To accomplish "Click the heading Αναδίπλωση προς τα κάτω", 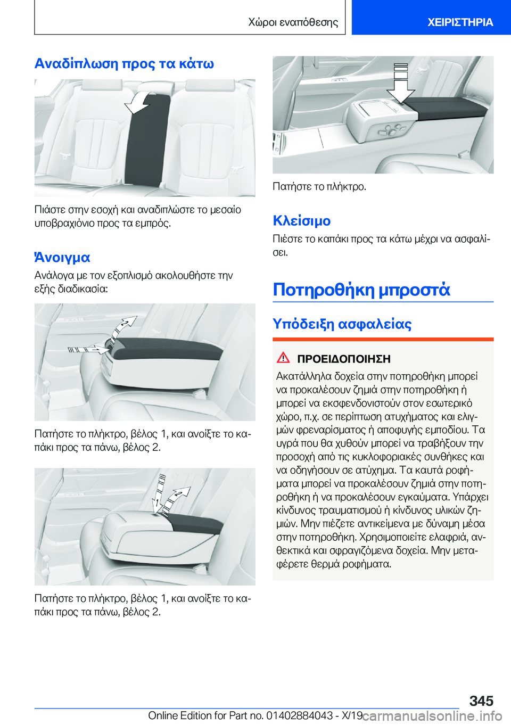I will pyautogui.click(x=124, y=63).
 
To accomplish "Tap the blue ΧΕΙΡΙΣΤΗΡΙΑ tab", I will pyautogui.click(x=460, y=22).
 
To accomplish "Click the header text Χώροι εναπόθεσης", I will pyautogui.click(x=293, y=22).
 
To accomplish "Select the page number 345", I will pyautogui.click(x=481, y=701).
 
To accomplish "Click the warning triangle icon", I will pyautogui.click(x=283, y=358).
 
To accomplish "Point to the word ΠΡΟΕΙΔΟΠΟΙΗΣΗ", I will pyautogui.click(x=343, y=359).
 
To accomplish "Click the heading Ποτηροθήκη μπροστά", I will pyautogui.click(x=361, y=290).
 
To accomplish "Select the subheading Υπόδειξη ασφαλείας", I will pyautogui.click(x=342, y=324).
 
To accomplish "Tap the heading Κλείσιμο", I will pyautogui.click(x=301, y=220).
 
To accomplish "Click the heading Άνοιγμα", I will pyautogui.click(x=62, y=258).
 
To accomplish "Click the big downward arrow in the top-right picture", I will pyautogui.click(x=400, y=83).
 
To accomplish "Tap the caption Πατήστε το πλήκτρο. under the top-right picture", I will pyautogui.click(x=319, y=186).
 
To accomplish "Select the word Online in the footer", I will pyautogui.click(x=163, y=715).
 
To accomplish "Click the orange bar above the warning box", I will pyautogui.click(x=383, y=339).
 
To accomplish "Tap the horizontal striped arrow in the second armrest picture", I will pyautogui.click(x=87, y=350).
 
